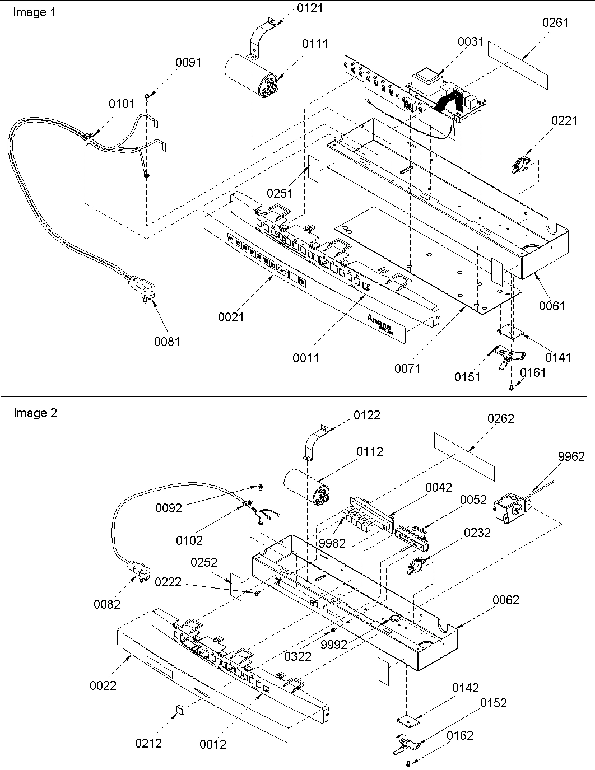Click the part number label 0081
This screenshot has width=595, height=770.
tap(167, 341)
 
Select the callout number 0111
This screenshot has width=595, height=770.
tap(315, 44)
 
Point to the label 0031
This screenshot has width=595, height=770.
tap(471, 41)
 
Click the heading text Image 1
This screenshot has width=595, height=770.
tap(35, 12)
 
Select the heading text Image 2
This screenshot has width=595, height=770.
tap(35, 413)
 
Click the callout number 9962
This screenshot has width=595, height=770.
tap(571, 457)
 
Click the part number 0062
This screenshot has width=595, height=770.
tap(506, 600)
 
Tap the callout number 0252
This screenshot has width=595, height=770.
tap(204, 562)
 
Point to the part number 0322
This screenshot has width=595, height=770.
tap(297, 656)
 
